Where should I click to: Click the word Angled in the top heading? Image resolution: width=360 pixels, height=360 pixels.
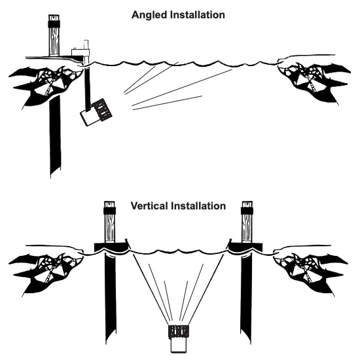click(149, 15)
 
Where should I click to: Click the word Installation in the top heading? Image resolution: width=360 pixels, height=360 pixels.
click(198, 14)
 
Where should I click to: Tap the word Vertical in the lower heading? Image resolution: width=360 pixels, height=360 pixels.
click(149, 206)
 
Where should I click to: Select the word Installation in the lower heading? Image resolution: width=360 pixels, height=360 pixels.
click(198, 206)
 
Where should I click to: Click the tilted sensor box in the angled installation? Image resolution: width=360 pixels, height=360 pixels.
click(96, 113)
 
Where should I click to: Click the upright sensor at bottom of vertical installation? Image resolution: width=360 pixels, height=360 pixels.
click(179, 338)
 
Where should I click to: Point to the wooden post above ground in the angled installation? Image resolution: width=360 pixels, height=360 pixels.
click(54, 35)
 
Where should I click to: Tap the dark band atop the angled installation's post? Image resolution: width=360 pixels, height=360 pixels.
click(54, 24)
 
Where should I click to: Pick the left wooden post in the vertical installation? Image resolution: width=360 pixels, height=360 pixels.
click(109, 222)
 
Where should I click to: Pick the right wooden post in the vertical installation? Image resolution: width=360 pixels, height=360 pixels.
click(247, 222)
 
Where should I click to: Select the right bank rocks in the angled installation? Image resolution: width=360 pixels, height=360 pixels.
click(314, 82)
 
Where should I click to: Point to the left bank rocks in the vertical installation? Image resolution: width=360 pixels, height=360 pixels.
click(46, 273)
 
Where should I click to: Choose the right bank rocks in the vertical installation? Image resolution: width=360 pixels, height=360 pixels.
click(311, 273)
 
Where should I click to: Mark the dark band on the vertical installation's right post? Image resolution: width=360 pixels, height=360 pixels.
click(247, 211)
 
